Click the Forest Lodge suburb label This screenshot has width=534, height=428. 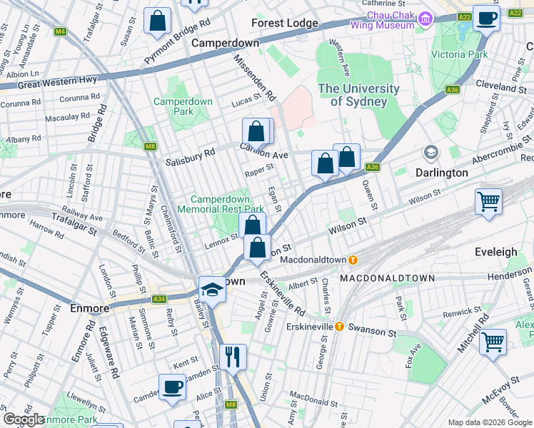[284, 23]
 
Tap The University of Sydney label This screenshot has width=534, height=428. [358, 95]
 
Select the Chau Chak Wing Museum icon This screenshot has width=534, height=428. [425, 18]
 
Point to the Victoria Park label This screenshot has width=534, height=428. [463, 54]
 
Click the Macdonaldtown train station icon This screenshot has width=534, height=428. [352, 260]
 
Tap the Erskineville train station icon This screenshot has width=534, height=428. [339, 327]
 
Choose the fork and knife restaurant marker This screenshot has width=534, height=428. [233, 357]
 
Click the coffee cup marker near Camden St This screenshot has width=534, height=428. [172, 387]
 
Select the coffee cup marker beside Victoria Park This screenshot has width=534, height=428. [486, 18]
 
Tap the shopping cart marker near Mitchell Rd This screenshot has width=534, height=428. [493, 342]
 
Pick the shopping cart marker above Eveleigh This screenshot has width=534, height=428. [489, 202]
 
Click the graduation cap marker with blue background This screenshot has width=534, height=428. [211, 290]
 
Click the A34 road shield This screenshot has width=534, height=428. [159, 299]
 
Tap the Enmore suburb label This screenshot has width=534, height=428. [90, 308]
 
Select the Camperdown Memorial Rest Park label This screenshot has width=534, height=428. [226, 204]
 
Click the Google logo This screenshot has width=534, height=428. [24, 419]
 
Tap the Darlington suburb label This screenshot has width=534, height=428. [441, 173]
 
